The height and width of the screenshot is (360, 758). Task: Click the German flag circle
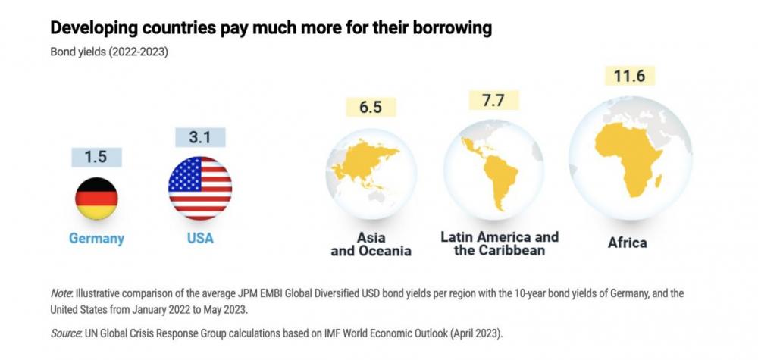click(x=96, y=198)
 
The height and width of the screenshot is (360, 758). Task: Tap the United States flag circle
click(x=200, y=188)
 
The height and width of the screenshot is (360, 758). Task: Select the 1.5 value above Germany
click(x=96, y=157)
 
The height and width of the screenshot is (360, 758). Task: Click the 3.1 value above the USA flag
click(x=200, y=138)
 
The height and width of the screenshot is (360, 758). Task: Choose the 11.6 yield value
click(x=629, y=77)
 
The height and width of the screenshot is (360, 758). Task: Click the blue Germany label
click(x=96, y=239)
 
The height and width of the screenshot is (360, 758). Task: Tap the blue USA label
click(x=200, y=239)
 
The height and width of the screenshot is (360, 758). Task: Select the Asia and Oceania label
click(x=371, y=244)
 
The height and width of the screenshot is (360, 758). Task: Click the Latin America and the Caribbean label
click(x=500, y=243)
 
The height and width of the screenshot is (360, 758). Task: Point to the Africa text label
click(x=628, y=243)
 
